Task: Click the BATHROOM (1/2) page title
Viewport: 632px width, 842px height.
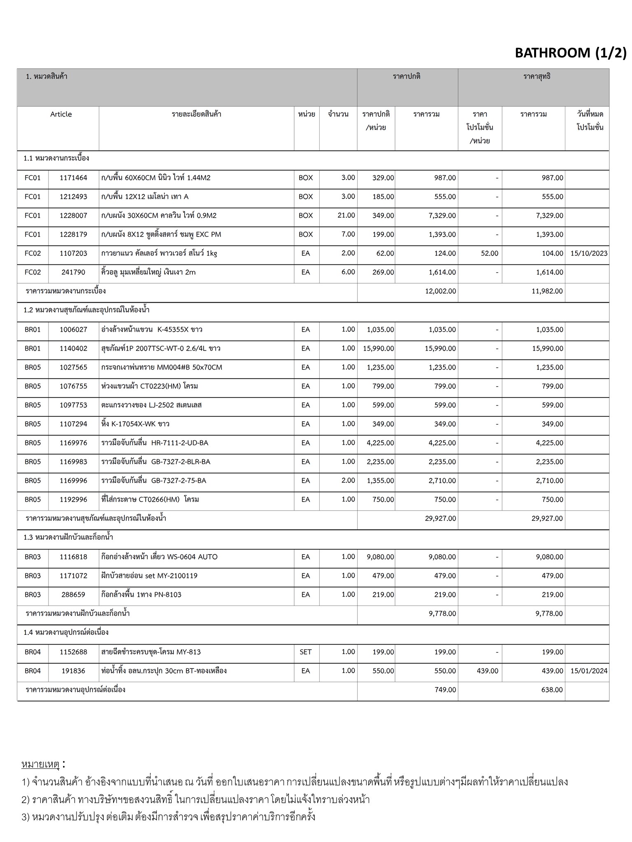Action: pos(570,53)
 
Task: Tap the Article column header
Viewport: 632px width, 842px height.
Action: pos(61,114)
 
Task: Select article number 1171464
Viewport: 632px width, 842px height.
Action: pos(73,178)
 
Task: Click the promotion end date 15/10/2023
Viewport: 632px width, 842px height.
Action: pos(589,253)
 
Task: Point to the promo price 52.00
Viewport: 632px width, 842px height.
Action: pos(489,253)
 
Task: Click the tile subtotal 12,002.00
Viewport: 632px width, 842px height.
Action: pos(440,291)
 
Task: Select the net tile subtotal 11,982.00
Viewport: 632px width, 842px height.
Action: pos(547,291)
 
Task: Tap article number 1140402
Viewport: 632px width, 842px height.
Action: pos(73,349)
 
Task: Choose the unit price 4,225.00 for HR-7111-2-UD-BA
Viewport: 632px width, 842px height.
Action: pos(380,443)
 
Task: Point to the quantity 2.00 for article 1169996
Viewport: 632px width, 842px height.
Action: pos(348,481)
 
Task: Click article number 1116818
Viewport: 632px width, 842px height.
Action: pos(73,557)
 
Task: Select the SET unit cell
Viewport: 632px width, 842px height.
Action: pos(306,652)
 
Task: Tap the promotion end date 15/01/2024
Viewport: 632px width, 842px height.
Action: pos(589,671)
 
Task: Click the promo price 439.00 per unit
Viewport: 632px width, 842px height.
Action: pos(488,671)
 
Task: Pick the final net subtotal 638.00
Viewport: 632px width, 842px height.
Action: pos(552,690)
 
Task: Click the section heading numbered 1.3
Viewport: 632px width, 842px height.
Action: pos(68,537)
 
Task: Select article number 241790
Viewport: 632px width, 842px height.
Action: pos(73,272)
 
